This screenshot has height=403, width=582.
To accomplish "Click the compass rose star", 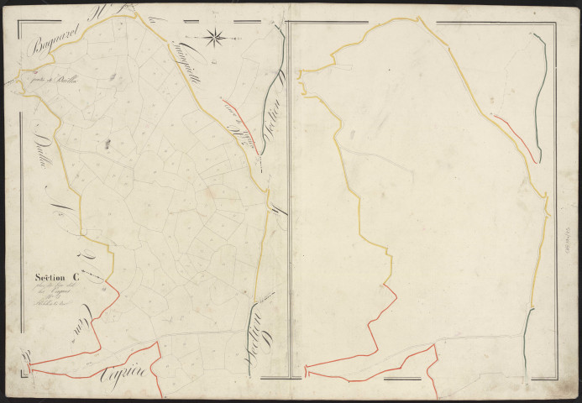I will [x=215, y=36].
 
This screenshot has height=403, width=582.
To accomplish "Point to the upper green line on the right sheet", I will [x=541, y=92].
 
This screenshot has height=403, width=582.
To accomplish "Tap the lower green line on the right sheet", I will [x=527, y=336].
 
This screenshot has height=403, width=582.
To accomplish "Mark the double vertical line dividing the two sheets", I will [x=288, y=201].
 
